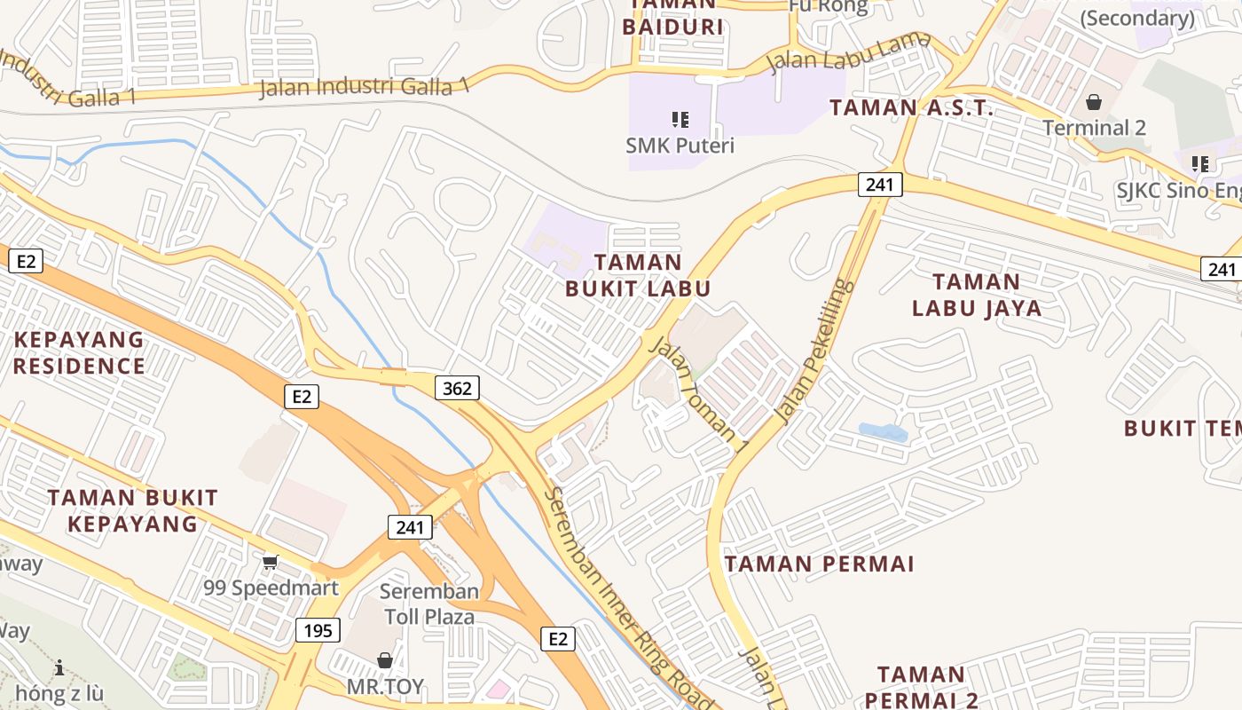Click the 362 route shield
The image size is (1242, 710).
(457, 388)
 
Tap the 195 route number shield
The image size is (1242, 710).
(318, 630)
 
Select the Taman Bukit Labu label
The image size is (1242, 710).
(638, 275)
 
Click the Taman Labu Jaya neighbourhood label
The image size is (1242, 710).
(977, 296)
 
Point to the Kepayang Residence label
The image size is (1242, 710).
(79, 352)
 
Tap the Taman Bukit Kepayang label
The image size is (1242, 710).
(132, 510)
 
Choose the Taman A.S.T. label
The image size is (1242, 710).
(911, 108)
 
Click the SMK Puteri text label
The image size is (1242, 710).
(680, 145)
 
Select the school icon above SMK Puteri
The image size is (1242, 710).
(680, 119)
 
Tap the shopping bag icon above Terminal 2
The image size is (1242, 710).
(1094, 102)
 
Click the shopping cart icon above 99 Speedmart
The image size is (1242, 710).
(271, 562)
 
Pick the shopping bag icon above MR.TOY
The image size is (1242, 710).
(385, 660)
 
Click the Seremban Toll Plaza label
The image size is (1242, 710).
(429, 603)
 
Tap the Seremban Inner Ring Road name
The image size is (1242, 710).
(629, 599)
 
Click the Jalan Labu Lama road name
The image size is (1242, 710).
(849, 51)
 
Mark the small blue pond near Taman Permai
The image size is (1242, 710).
(883, 432)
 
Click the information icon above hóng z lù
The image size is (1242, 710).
(59, 667)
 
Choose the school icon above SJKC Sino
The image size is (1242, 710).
(1200, 163)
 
